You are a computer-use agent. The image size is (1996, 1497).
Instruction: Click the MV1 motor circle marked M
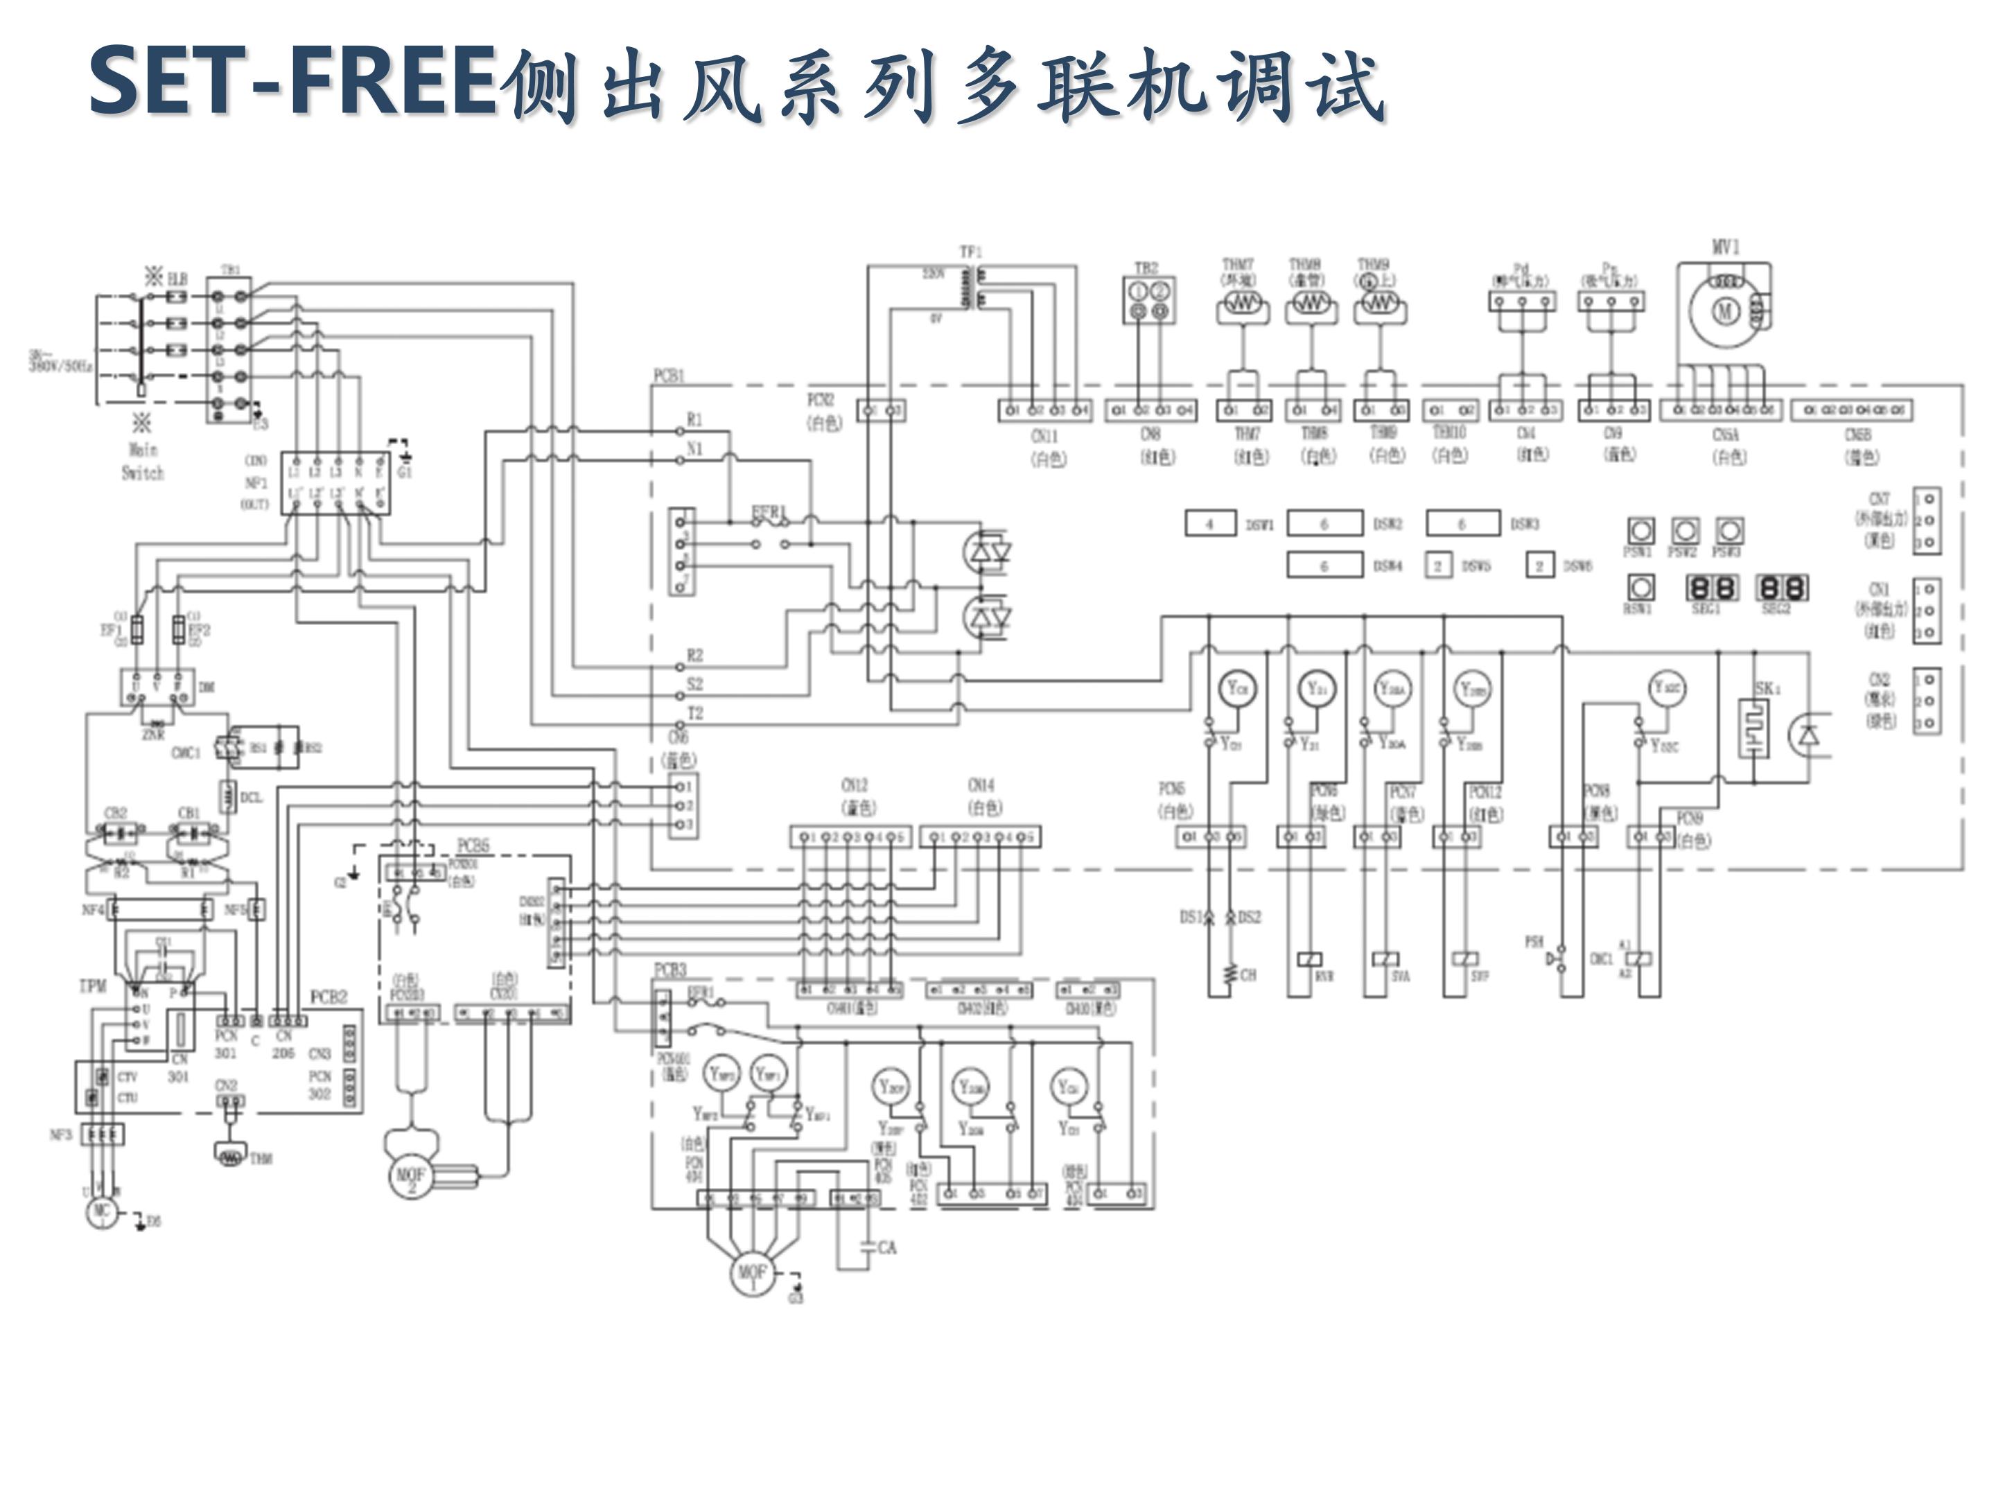(x=1725, y=312)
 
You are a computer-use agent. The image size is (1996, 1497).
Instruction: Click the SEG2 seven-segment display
(x=1780, y=588)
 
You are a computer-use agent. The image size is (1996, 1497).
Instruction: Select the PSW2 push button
(x=1685, y=531)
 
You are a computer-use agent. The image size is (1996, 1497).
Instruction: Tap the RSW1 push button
(x=1640, y=588)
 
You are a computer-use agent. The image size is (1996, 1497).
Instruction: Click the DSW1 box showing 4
(x=1209, y=523)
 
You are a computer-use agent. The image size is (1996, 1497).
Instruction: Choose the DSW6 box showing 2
(x=1539, y=566)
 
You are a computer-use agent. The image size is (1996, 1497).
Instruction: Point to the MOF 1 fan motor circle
(x=752, y=1273)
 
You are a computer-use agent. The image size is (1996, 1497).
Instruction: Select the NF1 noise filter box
(x=335, y=483)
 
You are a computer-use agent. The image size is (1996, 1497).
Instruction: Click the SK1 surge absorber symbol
(x=1753, y=729)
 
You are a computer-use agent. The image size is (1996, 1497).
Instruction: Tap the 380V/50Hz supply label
(x=60, y=364)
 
